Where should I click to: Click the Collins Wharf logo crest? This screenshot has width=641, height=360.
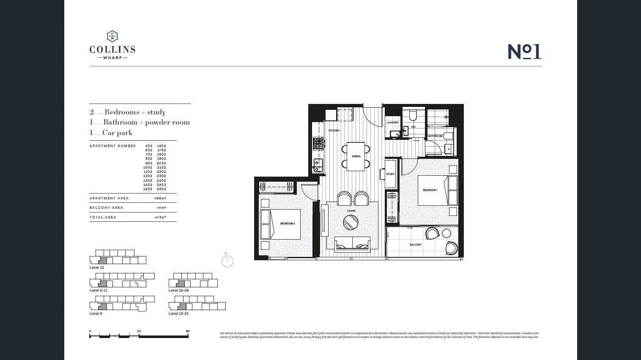112,36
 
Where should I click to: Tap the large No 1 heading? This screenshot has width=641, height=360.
524,52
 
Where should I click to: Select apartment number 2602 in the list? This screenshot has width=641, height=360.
162,189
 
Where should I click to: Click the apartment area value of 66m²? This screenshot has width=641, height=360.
160,198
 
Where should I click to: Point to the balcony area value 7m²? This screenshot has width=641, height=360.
162,208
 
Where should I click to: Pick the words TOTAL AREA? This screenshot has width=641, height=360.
103,217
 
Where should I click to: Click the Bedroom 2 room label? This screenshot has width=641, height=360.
288,223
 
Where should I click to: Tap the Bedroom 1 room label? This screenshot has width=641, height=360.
430,190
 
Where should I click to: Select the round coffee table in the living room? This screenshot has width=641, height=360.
351,222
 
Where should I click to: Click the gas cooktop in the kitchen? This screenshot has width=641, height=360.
318,144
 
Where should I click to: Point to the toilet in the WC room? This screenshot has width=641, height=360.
413,115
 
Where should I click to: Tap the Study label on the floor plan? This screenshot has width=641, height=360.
390,174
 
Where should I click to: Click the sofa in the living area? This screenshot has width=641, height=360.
352,244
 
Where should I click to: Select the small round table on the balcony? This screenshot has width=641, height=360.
447,233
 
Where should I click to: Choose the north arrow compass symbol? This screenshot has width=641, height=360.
227,261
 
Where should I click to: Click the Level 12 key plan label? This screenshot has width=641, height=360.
96,267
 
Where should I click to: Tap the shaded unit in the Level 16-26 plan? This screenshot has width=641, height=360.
181,283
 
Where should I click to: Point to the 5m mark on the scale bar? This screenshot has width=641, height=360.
188,332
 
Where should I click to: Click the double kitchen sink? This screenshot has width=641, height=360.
317,165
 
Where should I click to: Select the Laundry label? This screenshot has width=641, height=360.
392,123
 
